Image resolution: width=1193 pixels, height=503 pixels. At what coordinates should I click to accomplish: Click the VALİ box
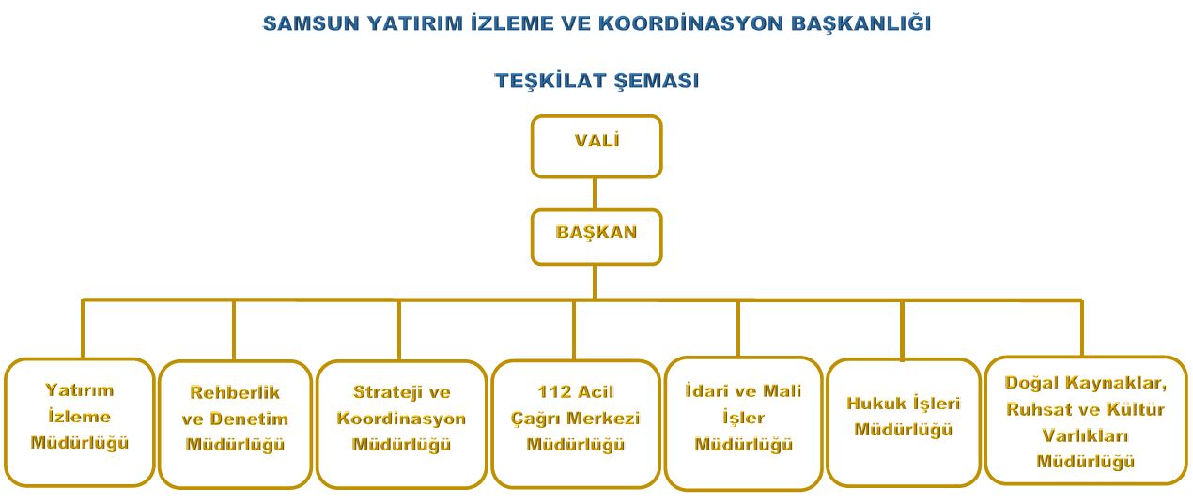coord(596,146)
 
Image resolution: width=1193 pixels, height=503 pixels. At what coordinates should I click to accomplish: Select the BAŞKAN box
coord(596,236)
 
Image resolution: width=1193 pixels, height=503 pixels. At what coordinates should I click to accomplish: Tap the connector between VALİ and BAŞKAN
coord(595,193)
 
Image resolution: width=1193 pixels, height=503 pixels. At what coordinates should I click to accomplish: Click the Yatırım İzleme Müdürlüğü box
coord(80,422)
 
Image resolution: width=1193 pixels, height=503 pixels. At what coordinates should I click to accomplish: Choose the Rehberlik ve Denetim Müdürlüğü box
coord(235,424)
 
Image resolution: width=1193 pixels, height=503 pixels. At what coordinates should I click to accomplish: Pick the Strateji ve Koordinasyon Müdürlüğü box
coord(401,424)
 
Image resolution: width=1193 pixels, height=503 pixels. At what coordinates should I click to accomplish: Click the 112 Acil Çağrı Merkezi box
coord(576,424)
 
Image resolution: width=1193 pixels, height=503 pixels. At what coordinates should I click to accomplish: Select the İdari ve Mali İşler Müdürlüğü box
coord(743,423)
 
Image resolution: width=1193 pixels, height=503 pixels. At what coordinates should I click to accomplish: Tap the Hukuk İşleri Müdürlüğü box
coord(904,422)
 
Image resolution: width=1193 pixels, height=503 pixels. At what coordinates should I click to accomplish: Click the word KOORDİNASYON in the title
coord(690,24)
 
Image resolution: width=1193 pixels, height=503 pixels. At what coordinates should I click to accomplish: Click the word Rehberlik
coord(235,392)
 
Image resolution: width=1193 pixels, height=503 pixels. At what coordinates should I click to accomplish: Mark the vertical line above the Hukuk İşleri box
coord(902,330)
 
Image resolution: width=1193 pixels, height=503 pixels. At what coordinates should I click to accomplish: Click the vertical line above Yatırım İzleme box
coord(83,329)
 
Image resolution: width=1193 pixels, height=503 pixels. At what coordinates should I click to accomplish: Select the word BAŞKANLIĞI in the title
coord(861,24)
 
